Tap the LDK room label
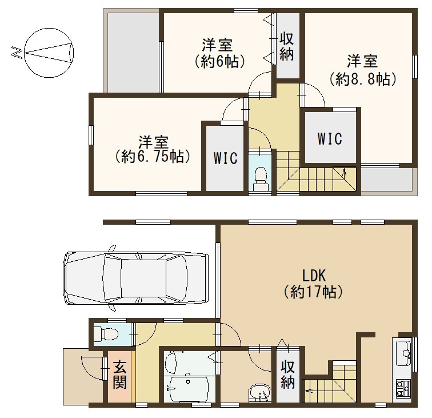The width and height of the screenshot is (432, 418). tap(314, 276)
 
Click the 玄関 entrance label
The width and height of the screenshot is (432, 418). tap(120, 374)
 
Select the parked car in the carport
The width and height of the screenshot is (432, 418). tap(135, 278)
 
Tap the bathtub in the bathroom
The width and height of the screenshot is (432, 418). tap(188, 389)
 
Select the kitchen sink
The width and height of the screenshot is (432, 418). tap(403, 353)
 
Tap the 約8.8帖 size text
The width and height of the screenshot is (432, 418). tap(363, 79)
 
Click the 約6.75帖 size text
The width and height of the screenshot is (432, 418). tap(153, 157)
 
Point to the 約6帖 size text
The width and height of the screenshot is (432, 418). tap(220, 62)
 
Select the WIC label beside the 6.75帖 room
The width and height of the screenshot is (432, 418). tap(226, 158)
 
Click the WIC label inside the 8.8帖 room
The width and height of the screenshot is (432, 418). tap(330, 139)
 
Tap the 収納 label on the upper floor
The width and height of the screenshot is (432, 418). tap(287, 46)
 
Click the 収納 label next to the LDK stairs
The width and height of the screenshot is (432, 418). tap(287, 375)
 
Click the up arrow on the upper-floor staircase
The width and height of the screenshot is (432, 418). tap(344, 173)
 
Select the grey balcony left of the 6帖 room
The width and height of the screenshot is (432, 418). tap(133, 53)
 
